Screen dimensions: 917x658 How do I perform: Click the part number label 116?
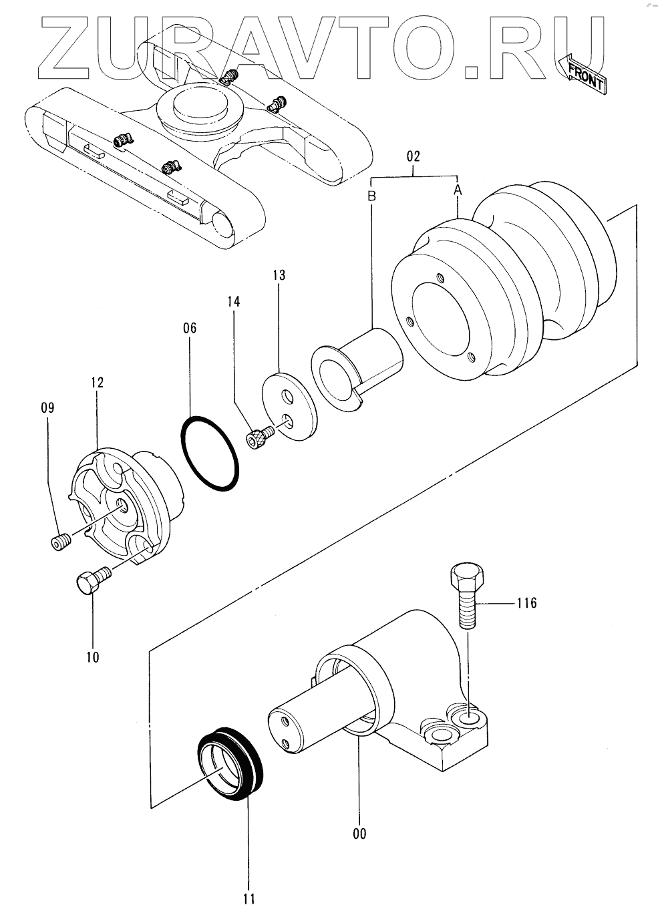(526, 604)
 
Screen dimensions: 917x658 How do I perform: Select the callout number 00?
(359, 834)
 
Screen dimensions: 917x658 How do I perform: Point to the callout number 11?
(249, 898)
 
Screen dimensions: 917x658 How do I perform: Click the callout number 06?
(190, 328)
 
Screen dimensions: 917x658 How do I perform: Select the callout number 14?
(233, 301)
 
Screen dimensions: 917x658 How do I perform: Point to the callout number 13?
(279, 274)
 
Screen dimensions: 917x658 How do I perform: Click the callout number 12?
(97, 383)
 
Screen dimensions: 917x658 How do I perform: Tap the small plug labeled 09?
(61, 542)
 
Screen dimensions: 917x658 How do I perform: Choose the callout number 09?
(48, 407)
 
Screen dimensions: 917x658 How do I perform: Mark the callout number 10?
(92, 657)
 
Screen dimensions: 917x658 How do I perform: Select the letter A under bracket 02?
(458, 190)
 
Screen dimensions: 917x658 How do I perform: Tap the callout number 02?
(414, 157)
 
